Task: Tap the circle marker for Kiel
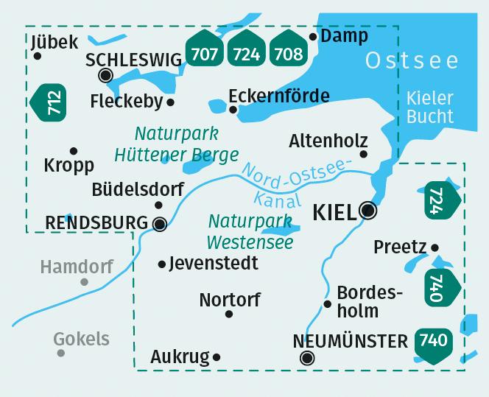368,211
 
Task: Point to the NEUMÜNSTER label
350,341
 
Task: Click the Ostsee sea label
412,60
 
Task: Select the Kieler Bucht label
430,107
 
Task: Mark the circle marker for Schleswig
105,74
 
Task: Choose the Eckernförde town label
278,96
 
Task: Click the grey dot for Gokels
61,354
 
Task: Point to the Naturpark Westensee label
250,231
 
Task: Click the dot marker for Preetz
435,247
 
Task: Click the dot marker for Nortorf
228,314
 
